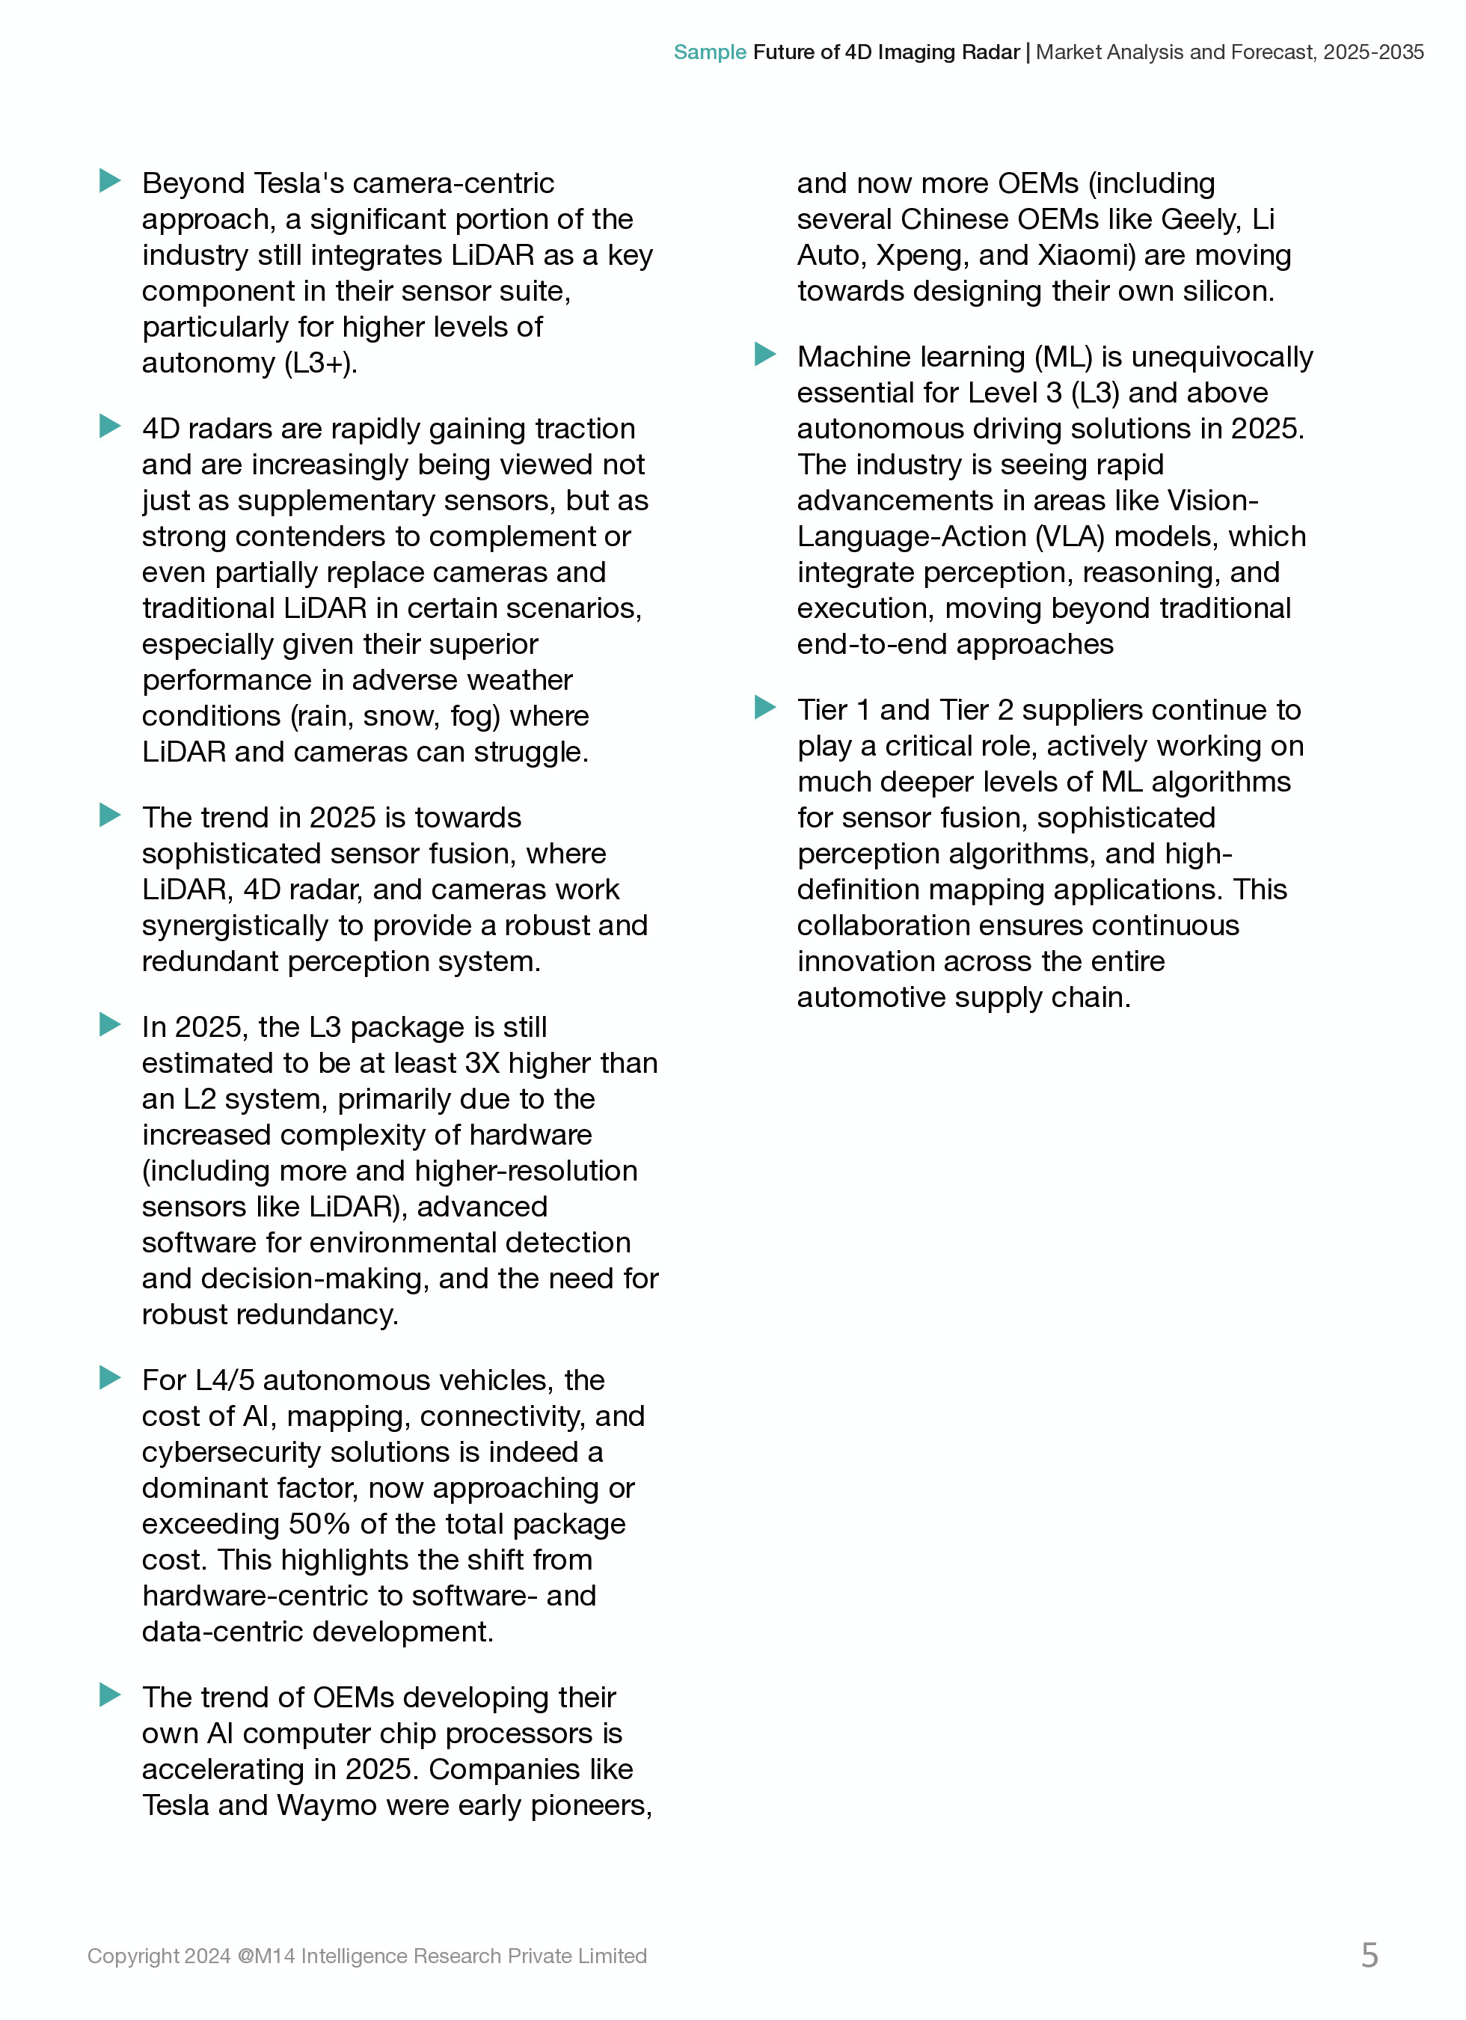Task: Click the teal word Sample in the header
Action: (x=709, y=52)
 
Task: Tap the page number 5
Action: (x=1369, y=1955)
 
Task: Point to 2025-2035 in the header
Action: (x=1373, y=52)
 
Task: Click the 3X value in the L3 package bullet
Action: (x=482, y=1063)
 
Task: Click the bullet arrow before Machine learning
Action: (x=764, y=355)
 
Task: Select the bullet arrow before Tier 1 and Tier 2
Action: (x=764, y=708)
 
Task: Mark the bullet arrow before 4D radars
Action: (x=109, y=426)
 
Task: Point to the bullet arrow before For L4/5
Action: (x=109, y=1378)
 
